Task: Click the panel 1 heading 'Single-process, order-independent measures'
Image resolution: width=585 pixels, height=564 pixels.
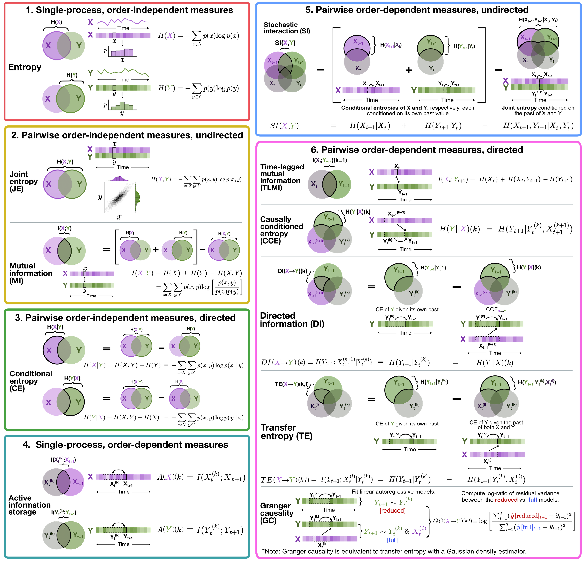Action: click(129, 10)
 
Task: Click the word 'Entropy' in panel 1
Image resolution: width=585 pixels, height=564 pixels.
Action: click(25, 67)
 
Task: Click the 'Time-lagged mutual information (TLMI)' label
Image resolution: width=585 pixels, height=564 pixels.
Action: click(282, 177)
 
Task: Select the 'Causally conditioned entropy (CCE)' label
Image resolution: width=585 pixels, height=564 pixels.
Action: click(281, 230)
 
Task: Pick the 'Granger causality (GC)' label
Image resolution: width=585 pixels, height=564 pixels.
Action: click(276, 513)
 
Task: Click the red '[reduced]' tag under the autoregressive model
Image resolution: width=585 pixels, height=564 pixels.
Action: click(393, 511)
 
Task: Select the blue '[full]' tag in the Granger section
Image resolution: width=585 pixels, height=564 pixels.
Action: click(393, 540)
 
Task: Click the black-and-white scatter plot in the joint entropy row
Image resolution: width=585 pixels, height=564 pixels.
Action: click(119, 197)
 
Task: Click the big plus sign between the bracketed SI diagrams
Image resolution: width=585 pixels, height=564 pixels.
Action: click(409, 70)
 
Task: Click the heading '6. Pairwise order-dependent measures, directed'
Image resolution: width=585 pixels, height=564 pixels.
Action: click(417, 150)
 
